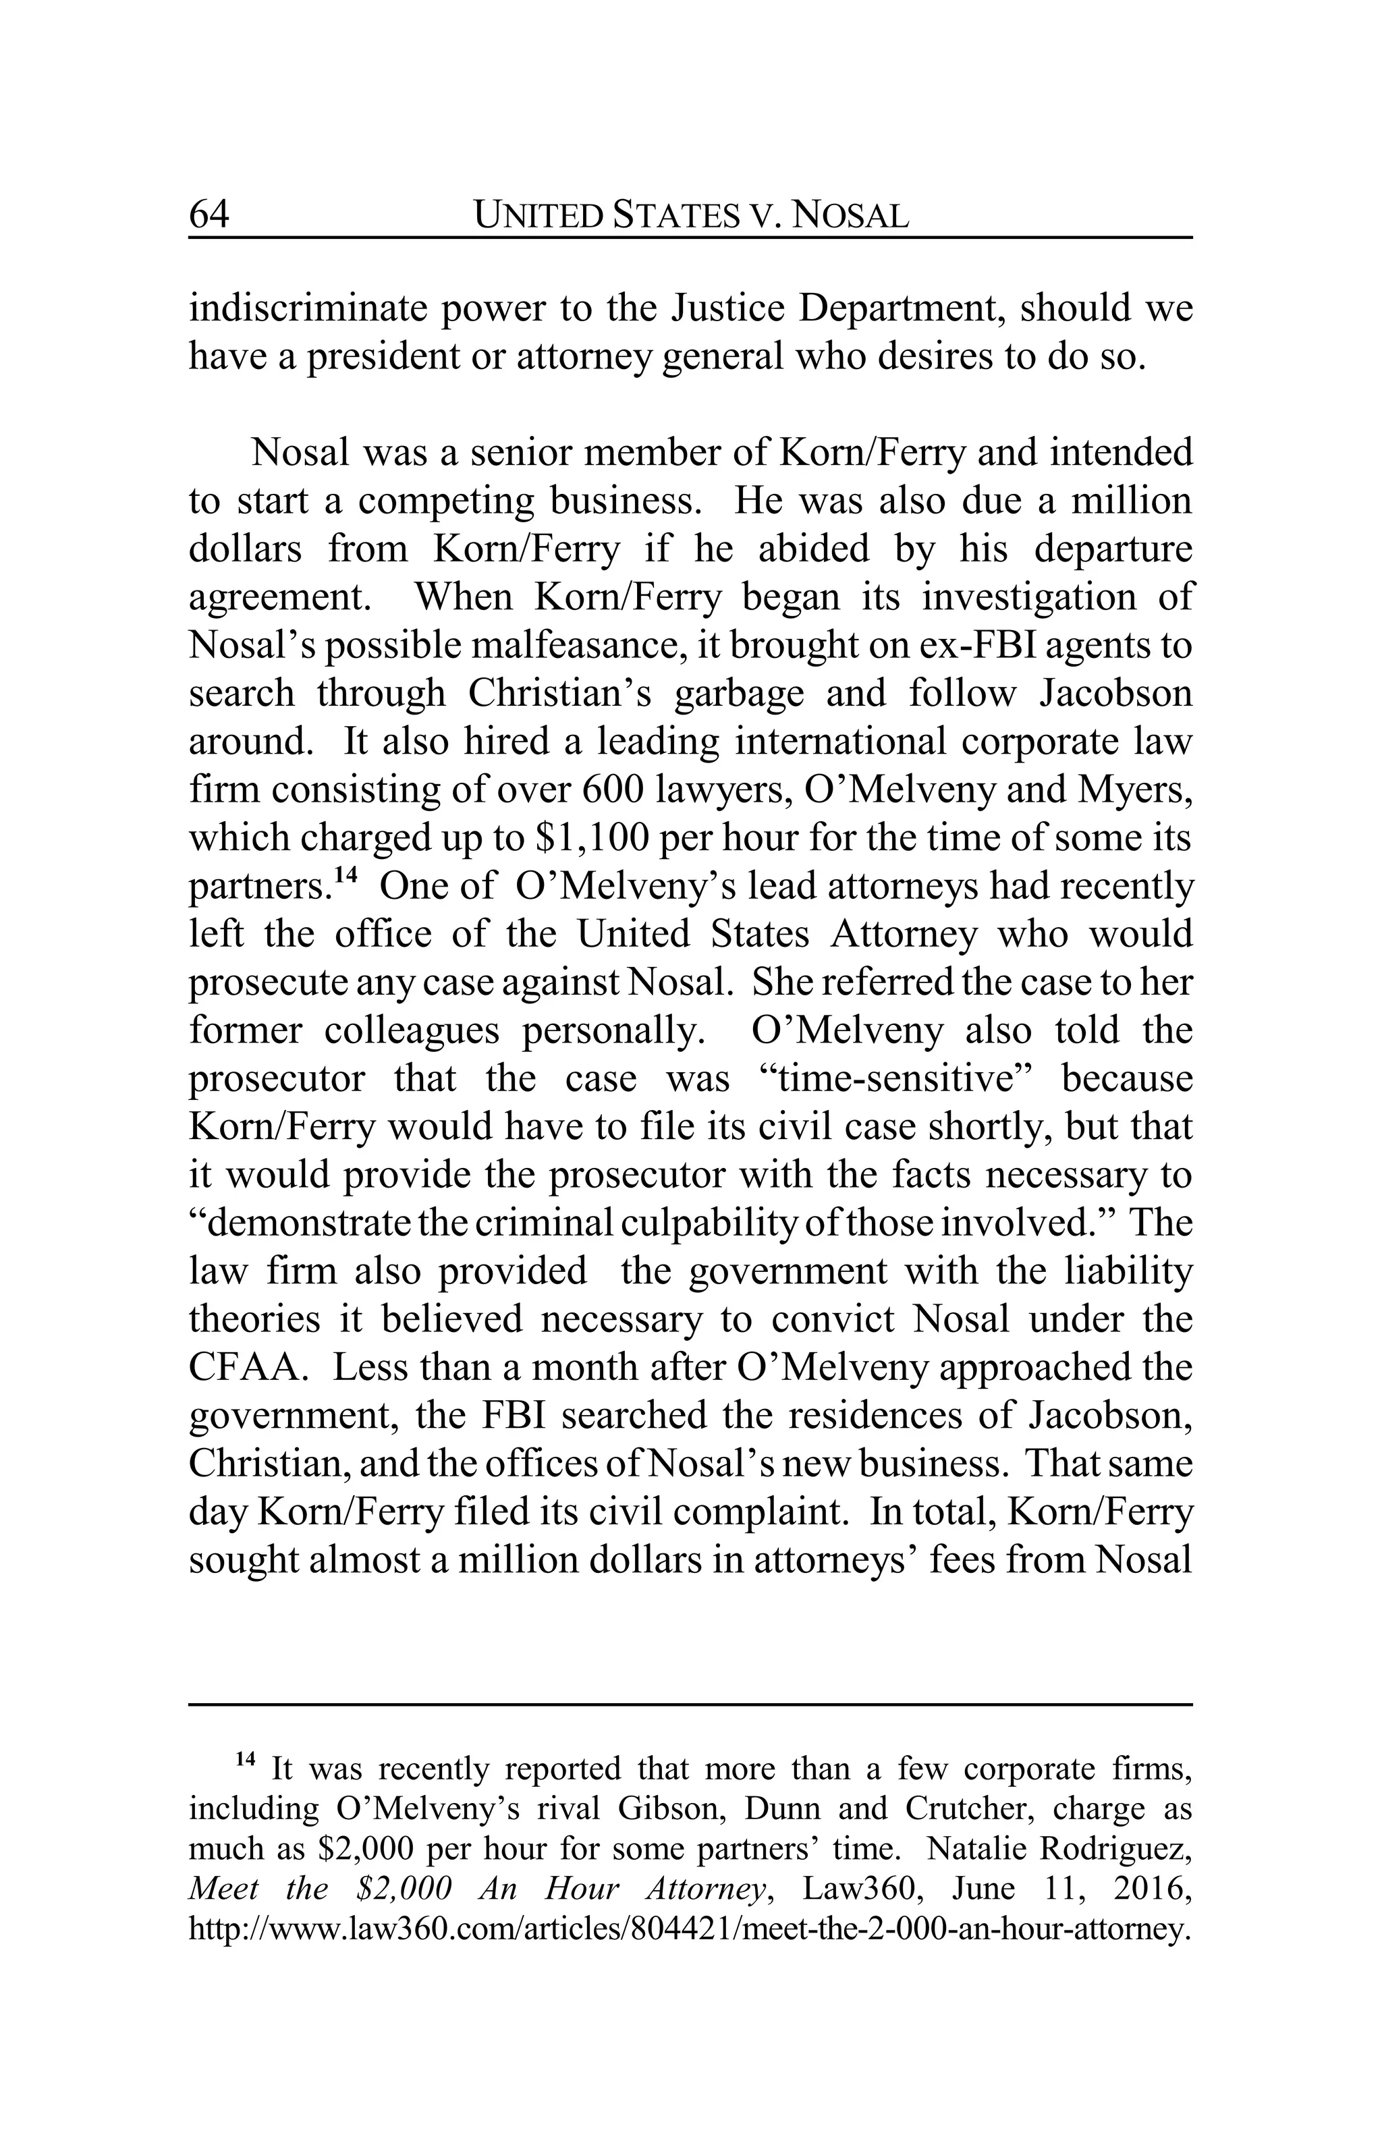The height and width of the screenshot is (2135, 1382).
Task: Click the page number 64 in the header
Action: coord(209,215)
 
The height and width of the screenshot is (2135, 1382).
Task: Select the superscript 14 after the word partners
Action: coord(346,876)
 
